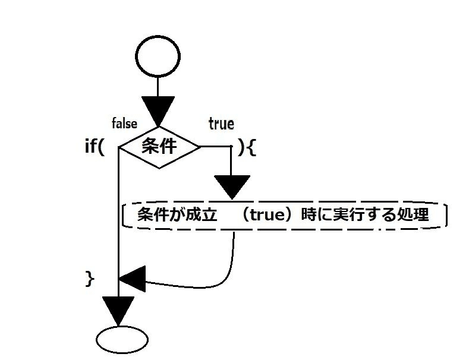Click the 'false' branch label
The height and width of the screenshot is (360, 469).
click(125, 124)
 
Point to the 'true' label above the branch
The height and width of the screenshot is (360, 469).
click(221, 124)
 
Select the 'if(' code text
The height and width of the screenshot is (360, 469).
click(95, 147)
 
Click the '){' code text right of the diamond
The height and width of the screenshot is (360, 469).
click(247, 147)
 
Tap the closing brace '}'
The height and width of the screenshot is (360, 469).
click(90, 278)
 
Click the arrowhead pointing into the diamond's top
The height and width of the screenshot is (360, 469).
click(158, 112)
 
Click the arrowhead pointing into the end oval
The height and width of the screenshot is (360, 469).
click(119, 310)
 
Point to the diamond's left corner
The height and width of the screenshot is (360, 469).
click(121, 147)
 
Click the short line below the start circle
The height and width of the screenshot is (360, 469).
click(158, 87)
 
